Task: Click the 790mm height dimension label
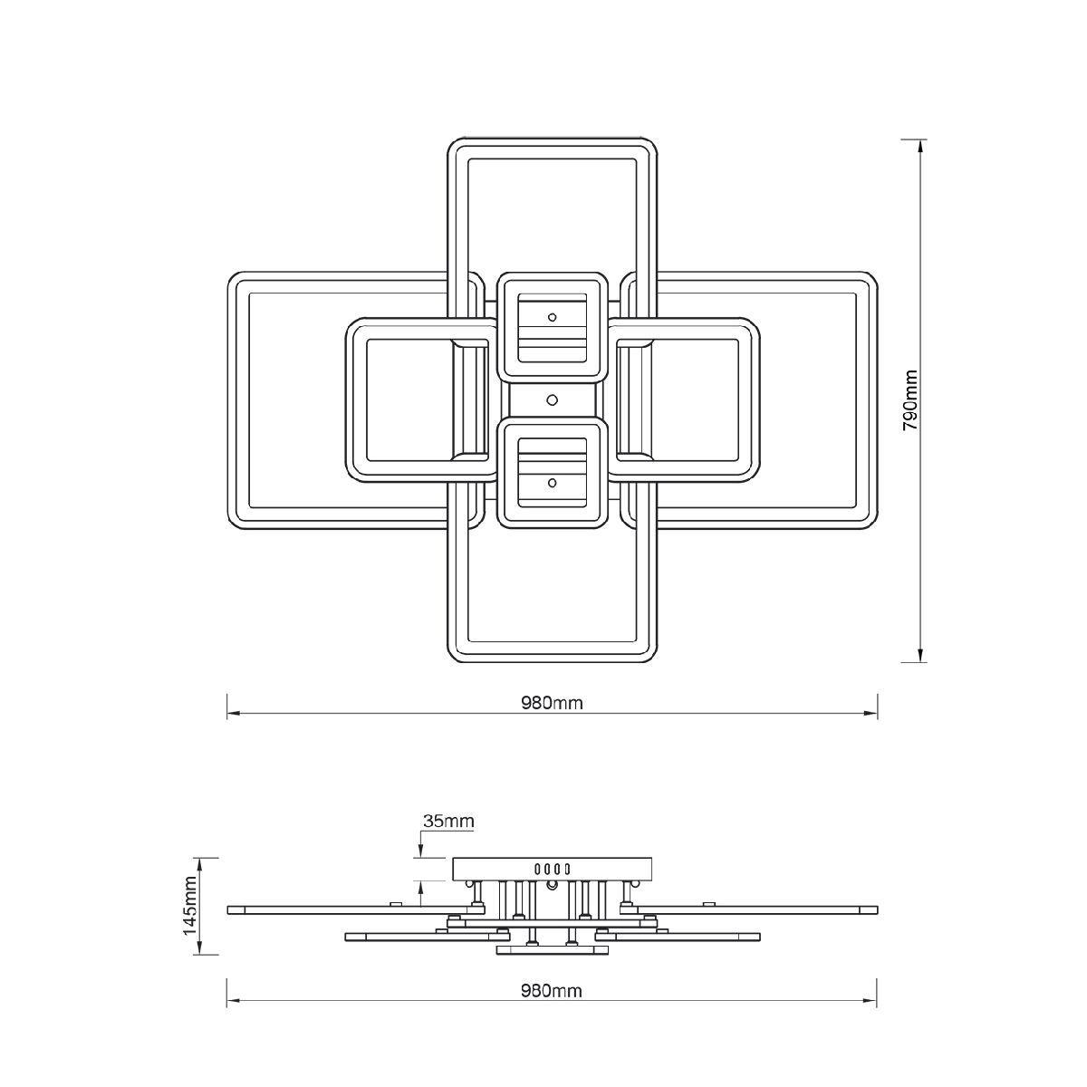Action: pos(909,401)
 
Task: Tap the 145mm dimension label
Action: pos(190,913)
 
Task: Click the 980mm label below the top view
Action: pos(551,703)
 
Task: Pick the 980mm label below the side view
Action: pos(551,991)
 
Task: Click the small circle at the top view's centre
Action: pos(553,400)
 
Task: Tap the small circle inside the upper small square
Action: pos(553,317)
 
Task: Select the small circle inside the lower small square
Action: pos(553,482)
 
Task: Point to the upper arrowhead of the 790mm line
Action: pos(920,147)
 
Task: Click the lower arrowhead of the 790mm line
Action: pos(920,654)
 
